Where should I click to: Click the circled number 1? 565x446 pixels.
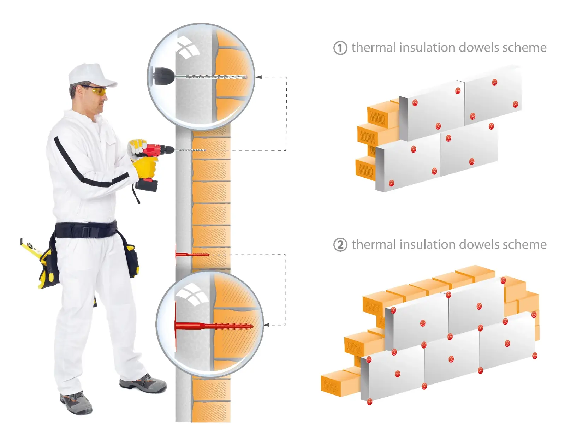340,48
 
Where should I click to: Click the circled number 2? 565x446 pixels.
340,245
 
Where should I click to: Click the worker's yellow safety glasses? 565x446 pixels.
97,90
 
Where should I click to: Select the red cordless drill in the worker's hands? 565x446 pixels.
155,157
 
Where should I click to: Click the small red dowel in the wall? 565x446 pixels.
192,255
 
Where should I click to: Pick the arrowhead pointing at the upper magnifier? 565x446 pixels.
258,77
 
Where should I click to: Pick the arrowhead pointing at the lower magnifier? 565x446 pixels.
267,325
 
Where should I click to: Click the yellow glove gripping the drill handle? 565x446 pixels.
145,167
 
